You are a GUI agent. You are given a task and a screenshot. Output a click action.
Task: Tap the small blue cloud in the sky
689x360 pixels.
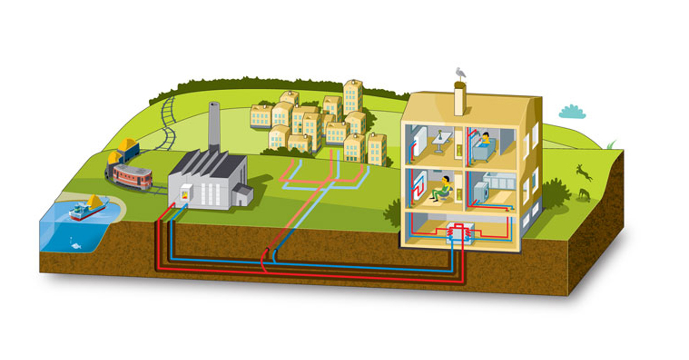572,112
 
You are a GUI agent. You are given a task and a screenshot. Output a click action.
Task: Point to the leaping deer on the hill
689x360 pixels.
584,172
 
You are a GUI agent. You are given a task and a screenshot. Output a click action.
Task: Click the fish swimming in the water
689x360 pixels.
76,246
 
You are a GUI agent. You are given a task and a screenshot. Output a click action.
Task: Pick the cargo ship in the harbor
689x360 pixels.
88,208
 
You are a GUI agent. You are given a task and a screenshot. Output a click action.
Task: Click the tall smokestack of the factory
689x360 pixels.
214,126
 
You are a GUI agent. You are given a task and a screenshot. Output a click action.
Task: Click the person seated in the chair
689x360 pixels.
443,189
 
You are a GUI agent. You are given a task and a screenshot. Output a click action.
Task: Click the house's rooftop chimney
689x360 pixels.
460,98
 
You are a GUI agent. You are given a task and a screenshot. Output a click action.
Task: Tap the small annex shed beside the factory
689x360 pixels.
243,195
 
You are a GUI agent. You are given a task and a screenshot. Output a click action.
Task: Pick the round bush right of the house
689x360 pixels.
555,193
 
